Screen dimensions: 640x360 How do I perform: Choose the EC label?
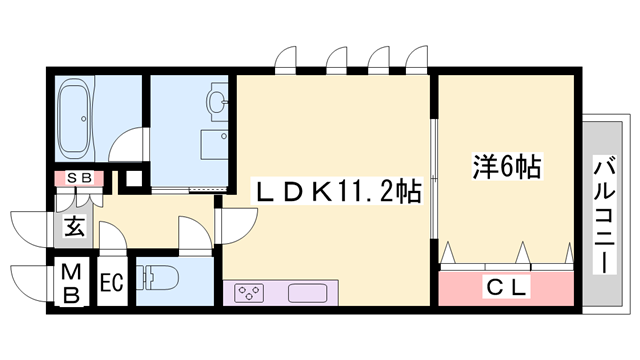coord(111,283)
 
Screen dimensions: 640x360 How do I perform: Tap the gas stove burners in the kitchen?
coord(248,293)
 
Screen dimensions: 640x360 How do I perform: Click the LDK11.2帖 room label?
coord(334,189)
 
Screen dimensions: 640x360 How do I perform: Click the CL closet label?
coord(506,288)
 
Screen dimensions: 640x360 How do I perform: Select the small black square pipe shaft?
coord(126,184)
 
